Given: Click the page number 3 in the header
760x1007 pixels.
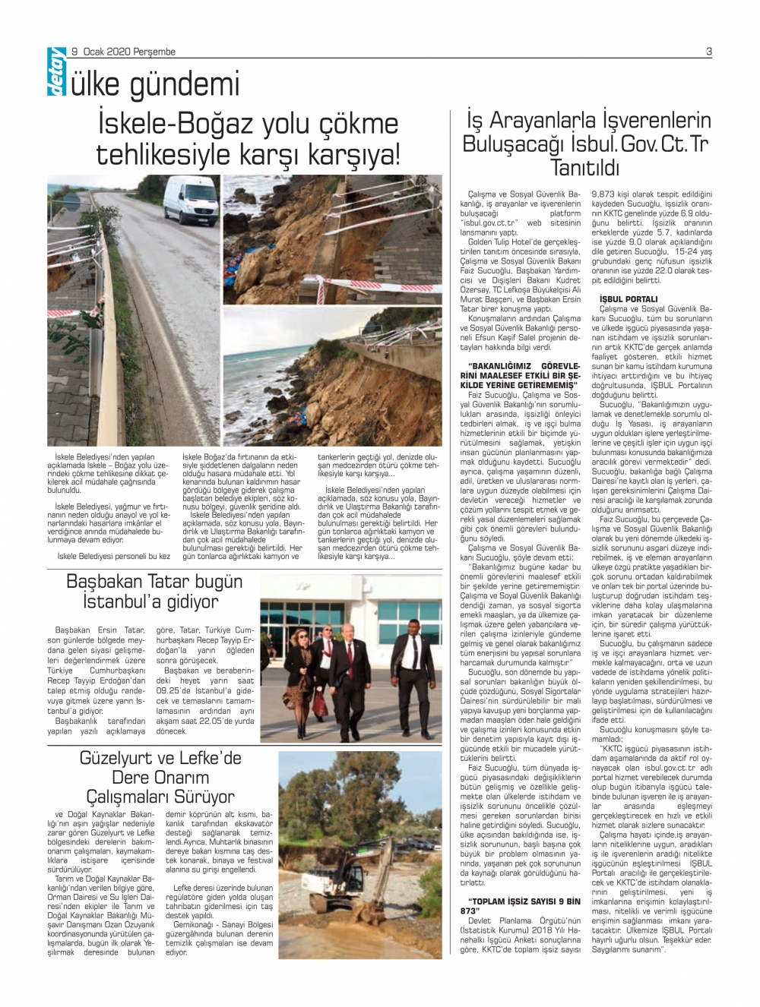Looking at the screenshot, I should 708,52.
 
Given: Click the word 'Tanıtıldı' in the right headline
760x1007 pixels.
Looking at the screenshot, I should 584,168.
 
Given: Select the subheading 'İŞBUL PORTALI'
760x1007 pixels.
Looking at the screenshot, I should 629,299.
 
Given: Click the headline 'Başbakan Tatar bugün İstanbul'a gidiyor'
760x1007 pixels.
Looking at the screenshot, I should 154,592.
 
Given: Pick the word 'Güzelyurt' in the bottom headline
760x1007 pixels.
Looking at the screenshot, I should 119,758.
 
